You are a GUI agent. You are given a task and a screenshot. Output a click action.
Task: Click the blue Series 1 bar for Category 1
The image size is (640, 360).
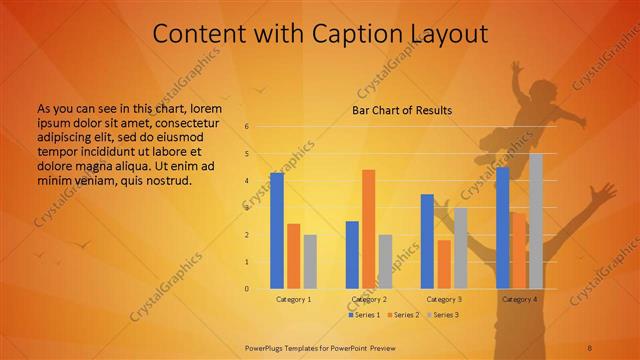[277, 231]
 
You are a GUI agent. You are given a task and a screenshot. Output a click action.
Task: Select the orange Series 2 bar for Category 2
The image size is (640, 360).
[368, 229]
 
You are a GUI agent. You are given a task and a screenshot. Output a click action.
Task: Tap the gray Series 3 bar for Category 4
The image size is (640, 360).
[536, 221]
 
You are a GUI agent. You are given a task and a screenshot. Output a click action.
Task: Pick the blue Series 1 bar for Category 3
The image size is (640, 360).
[427, 241]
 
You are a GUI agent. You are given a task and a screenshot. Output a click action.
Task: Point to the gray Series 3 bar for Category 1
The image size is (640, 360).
[310, 262]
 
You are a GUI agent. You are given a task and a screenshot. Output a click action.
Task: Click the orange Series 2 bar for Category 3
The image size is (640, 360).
[444, 264]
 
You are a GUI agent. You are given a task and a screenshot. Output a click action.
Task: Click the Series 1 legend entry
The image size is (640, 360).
[365, 315]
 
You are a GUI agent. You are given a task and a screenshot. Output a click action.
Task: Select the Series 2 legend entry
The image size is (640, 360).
[403, 315]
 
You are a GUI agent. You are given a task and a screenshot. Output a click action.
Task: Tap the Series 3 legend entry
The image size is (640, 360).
[442, 315]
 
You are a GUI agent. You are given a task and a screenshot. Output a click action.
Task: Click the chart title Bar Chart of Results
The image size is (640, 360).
[402, 110]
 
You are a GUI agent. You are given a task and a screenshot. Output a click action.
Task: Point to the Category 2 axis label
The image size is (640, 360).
[369, 299]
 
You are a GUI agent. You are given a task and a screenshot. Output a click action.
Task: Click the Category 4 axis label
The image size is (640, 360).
[519, 299]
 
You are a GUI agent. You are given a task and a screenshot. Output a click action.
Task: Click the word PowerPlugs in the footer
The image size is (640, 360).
[266, 347]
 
